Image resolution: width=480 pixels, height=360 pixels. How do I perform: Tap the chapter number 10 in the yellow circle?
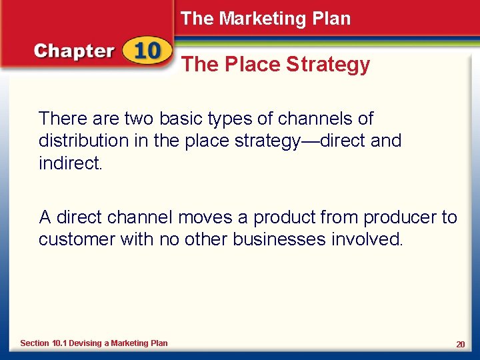(145, 51)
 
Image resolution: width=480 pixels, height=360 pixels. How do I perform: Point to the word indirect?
(69, 163)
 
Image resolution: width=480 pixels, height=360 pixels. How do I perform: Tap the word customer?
(77, 239)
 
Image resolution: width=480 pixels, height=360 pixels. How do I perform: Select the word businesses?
(279, 239)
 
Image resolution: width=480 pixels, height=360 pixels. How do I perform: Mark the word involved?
(367, 239)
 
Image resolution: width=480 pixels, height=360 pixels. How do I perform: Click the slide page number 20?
(460, 344)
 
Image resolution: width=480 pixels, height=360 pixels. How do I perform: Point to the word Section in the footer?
(35, 343)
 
